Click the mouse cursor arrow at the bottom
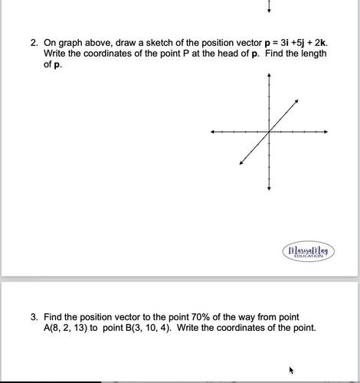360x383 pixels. tap(291, 370)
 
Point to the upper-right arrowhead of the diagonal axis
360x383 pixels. tap(298, 102)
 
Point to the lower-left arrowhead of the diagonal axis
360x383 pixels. tap(241, 162)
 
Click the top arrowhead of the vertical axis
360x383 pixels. tap(269, 77)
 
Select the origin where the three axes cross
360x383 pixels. tap(269, 133)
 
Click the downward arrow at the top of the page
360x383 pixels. tap(269, 8)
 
